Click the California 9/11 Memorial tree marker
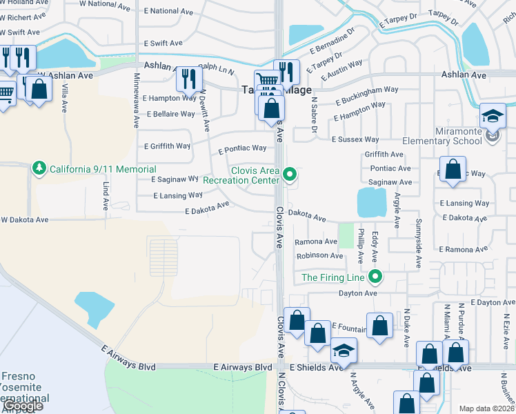39,168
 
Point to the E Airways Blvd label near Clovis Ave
243,368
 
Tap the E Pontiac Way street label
242,148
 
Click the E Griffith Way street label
167,146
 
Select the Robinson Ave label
319,256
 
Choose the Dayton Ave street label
358,293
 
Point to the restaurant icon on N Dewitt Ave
187,79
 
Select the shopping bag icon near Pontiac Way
452,170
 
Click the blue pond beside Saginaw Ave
372,203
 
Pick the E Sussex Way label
355,139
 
